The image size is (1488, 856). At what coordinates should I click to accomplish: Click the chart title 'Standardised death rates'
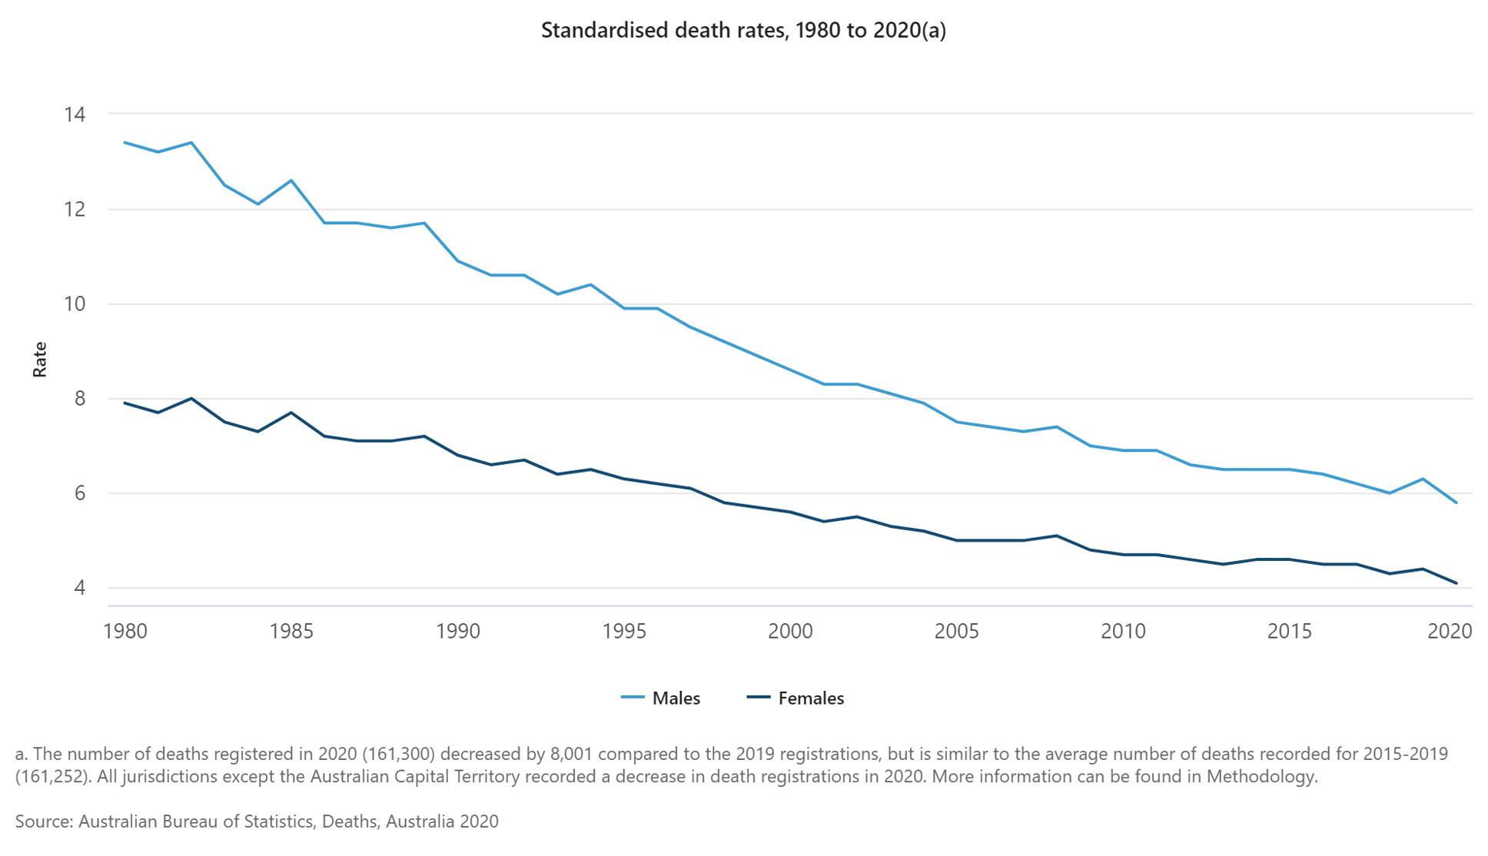tap(742, 31)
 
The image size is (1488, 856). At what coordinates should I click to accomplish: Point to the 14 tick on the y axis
tap(75, 114)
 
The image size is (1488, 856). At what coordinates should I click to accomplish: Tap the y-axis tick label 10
tap(75, 304)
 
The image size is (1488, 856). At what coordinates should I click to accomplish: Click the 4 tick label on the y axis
tap(80, 588)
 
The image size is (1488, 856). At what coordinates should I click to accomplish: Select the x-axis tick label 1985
tap(291, 632)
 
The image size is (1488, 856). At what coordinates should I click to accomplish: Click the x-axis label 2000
tap(790, 632)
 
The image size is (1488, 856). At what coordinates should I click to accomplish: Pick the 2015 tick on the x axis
tap(1289, 632)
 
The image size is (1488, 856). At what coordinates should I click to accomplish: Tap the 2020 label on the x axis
tap(1449, 632)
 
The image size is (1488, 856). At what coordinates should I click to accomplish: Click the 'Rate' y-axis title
tap(40, 360)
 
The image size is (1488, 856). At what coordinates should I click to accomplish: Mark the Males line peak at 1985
tap(291, 181)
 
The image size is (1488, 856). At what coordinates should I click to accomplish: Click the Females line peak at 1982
tap(191, 398)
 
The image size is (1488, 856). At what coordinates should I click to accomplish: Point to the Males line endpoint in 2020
tap(1456, 503)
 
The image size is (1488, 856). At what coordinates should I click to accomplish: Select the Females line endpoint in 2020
tap(1456, 583)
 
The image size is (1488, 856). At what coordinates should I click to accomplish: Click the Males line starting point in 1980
tap(125, 143)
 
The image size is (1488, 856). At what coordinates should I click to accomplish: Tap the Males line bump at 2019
tap(1423, 479)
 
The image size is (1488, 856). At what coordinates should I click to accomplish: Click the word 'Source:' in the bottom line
tap(44, 821)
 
